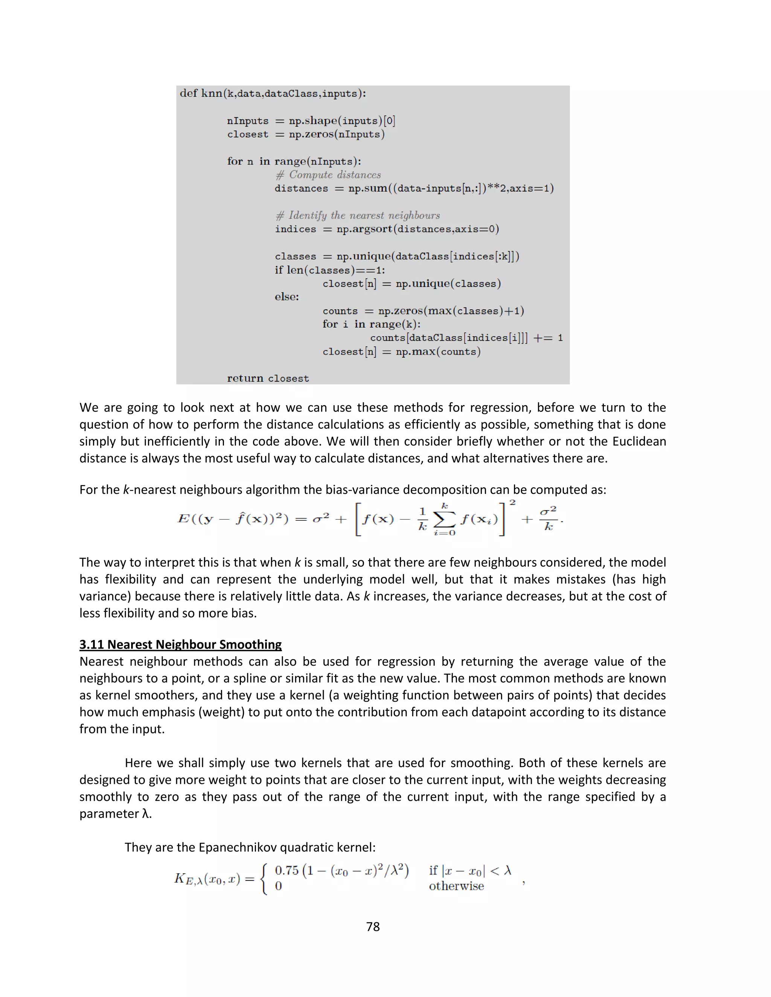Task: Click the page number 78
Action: click(373, 926)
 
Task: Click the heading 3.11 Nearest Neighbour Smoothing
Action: click(180, 644)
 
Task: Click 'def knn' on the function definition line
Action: click(201, 93)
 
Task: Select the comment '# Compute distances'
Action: click(328, 175)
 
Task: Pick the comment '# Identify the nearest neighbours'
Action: click(358, 216)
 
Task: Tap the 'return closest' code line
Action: click(268, 378)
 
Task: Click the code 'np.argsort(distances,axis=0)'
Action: click(417, 229)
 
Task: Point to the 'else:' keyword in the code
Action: click(287, 297)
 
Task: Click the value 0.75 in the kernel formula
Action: click(286, 870)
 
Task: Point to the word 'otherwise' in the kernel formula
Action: click(456, 886)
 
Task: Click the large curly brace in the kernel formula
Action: click(264, 878)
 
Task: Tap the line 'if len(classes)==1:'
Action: click(329, 270)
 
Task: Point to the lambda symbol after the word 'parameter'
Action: click(145, 813)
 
